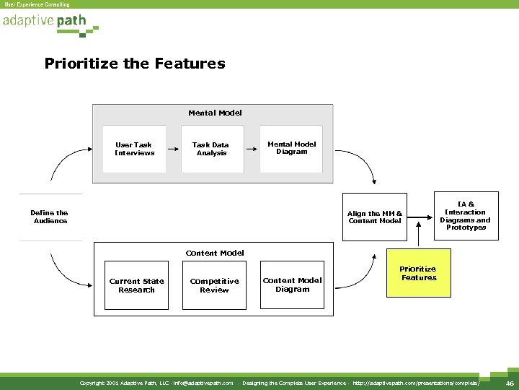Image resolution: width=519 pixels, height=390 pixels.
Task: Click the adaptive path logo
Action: click(45, 22)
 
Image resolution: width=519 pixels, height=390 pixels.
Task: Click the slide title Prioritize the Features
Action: click(135, 64)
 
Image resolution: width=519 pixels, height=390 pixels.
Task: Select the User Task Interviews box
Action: click(135, 149)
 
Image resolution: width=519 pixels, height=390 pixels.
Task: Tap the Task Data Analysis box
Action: click(210, 149)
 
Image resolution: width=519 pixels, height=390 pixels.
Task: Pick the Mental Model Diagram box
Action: click(291, 148)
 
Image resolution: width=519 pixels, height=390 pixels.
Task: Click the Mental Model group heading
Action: click(215, 113)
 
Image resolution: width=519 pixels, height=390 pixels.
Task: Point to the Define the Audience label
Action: click(50, 217)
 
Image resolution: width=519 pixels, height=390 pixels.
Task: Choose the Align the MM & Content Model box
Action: click(375, 217)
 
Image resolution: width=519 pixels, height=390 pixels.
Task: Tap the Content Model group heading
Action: click(215, 253)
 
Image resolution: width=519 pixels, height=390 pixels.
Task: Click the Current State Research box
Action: click(136, 286)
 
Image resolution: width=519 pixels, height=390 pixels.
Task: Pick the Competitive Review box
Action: click(214, 286)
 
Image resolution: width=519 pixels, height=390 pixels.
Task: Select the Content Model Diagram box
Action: click(292, 285)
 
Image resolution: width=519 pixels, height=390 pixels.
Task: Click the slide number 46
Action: click(510, 383)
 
